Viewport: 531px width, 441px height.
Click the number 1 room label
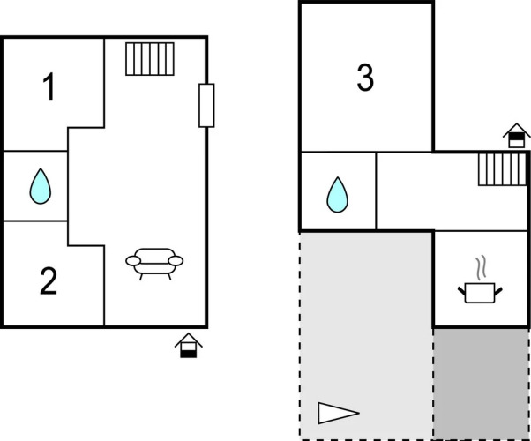[x=50, y=87]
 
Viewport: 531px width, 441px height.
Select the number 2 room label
[x=49, y=281]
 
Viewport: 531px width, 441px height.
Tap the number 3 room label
[x=365, y=78]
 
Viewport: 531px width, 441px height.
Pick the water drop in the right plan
[x=337, y=195]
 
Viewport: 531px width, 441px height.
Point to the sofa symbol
[x=155, y=262]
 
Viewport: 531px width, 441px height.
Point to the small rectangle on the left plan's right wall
[x=206, y=105]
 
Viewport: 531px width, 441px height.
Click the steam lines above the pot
[x=480, y=266]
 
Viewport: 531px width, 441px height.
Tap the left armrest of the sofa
[x=133, y=260]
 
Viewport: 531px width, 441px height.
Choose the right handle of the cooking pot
[x=500, y=288]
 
